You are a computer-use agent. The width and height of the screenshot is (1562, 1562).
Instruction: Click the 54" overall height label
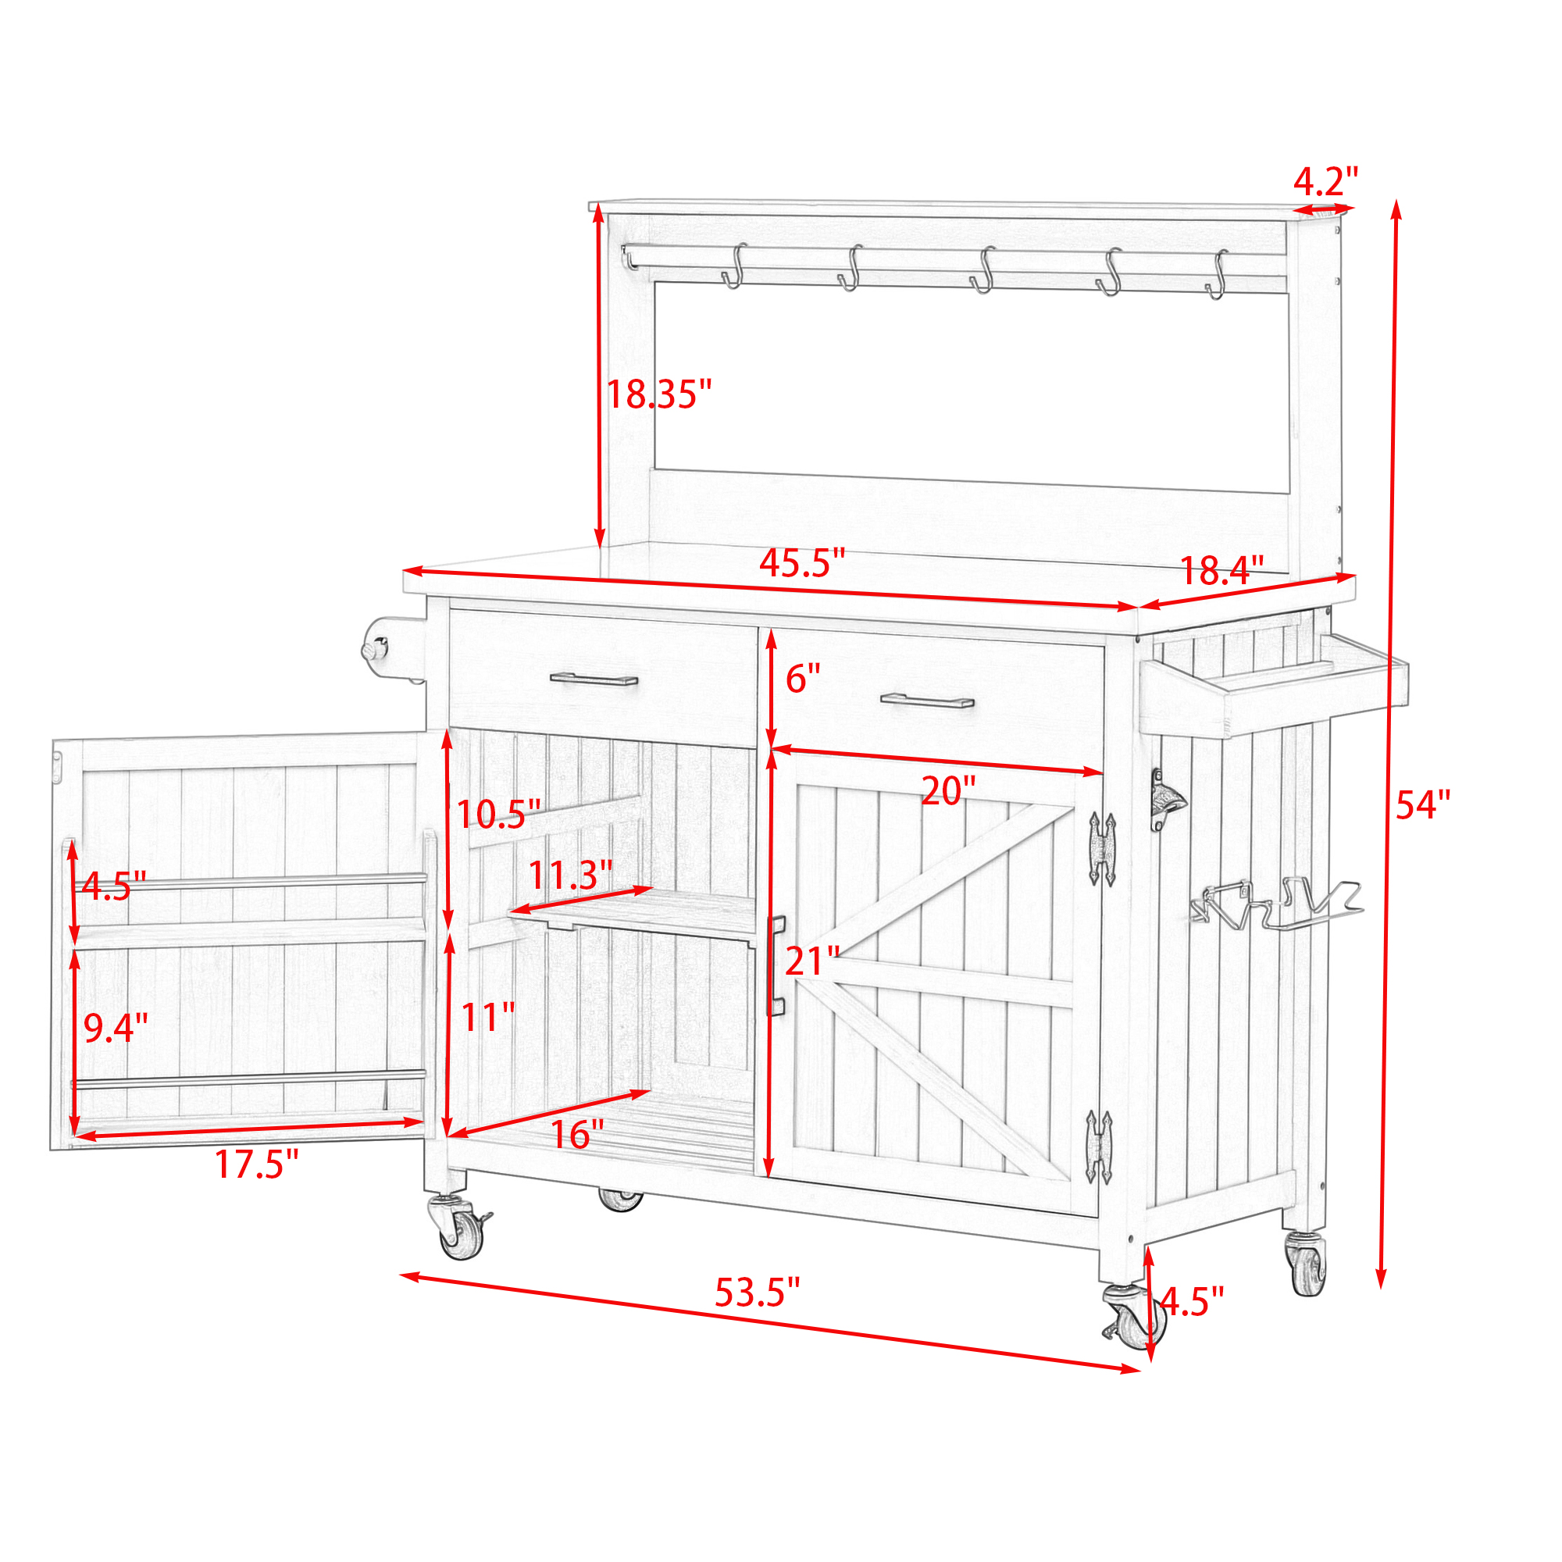pos(1423,806)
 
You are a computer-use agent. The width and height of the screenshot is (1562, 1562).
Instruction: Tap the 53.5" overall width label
pos(758,1293)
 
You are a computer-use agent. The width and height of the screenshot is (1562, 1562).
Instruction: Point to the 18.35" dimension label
pos(659,394)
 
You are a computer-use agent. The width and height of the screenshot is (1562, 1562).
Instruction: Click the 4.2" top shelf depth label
pos(1326,181)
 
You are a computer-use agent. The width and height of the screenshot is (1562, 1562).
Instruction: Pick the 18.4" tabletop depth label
pos(1221,571)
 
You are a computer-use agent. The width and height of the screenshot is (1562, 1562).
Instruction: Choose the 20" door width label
pos(948,790)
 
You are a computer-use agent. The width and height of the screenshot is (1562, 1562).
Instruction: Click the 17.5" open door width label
pos(256,1164)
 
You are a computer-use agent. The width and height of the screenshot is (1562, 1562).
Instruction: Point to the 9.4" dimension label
pos(116,1028)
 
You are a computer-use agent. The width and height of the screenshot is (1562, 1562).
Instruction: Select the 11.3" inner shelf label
pos(571,875)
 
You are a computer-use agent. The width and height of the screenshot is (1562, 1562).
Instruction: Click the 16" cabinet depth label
pos(577,1135)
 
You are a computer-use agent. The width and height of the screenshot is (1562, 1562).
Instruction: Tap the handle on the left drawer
pos(594,679)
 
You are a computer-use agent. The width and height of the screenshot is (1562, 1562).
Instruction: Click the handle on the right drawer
pos(927,700)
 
